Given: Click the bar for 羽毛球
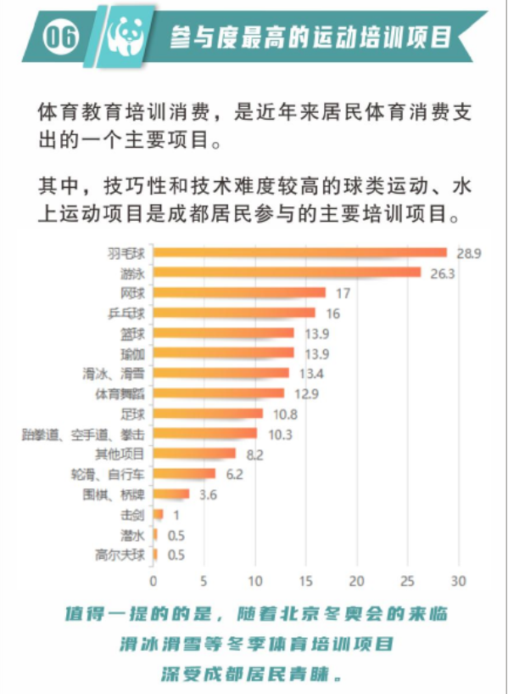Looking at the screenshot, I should (300, 252).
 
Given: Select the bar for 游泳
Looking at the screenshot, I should (287, 273).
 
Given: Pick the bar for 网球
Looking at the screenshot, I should (239, 293).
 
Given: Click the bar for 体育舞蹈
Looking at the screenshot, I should (219, 393).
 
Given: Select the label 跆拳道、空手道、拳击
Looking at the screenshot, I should (84, 434).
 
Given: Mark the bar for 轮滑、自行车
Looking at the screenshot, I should (184, 474).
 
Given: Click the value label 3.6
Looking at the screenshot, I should (205, 494).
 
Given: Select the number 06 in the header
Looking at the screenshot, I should (61, 36).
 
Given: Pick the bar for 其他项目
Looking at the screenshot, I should (194, 454).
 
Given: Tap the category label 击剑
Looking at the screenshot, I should (134, 515).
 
